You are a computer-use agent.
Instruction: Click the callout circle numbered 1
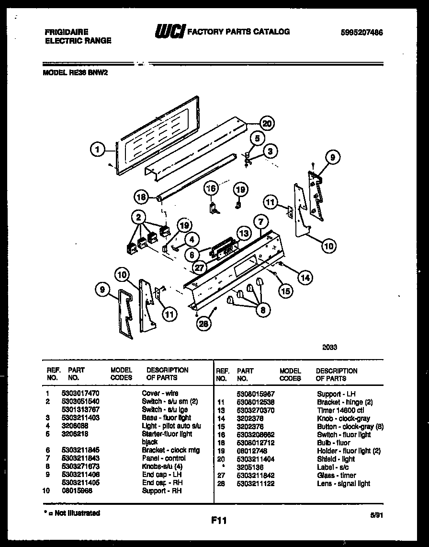click(97, 150)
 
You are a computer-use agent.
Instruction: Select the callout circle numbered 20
click(267, 123)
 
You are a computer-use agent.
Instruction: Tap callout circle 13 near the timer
click(244, 233)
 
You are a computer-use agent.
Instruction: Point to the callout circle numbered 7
click(261, 222)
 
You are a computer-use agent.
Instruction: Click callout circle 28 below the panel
click(204, 325)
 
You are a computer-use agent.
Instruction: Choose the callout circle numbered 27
click(200, 268)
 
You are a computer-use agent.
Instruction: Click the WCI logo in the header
click(169, 32)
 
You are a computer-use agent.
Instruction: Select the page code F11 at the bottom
click(217, 520)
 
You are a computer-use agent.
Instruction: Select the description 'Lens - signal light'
click(343, 483)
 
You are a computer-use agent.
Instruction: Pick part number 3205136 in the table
click(249, 467)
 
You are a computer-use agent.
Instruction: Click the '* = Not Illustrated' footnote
click(72, 513)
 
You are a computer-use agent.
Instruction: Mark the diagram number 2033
click(329, 348)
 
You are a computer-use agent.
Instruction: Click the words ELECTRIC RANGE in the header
click(78, 41)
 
